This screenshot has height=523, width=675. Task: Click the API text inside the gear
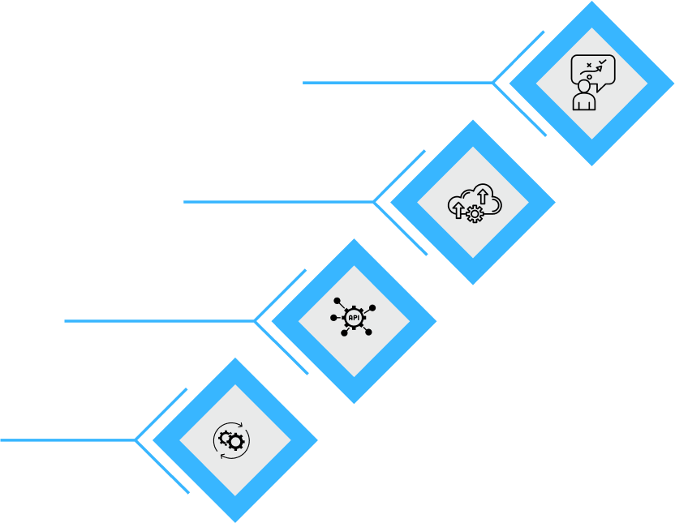(354, 318)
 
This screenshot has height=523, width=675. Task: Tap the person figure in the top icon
(584, 96)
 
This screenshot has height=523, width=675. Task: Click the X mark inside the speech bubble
(589, 65)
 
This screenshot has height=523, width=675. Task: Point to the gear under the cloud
(475, 214)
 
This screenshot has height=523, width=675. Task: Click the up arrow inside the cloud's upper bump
(483, 195)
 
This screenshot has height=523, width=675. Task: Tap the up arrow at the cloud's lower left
(458, 210)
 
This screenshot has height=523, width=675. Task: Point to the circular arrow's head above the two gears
(240, 425)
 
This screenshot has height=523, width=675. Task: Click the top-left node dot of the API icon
(337, 301)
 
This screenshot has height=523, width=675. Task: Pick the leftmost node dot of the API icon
(333, 318)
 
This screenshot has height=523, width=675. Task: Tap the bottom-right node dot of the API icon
(368, 332)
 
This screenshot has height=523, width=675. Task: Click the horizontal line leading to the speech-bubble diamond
(398, 83)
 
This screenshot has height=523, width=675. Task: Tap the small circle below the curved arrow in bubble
(590, 77)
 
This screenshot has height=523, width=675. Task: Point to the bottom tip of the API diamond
(354, 402)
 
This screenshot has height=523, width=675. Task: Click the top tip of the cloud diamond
(473, 121)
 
